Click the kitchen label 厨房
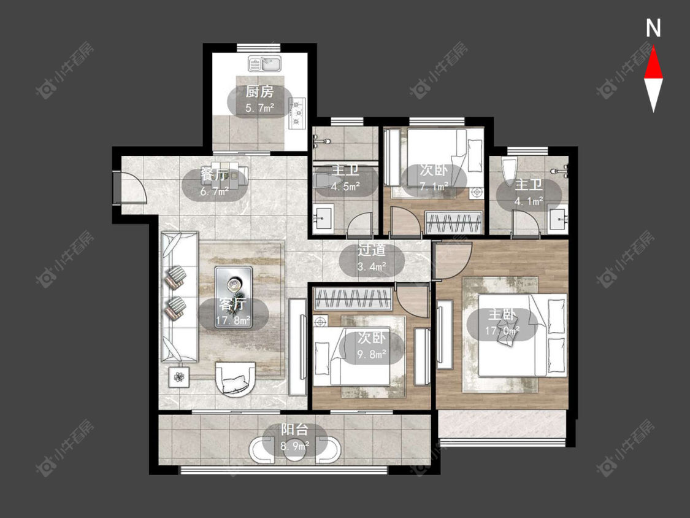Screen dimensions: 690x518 [259, 92]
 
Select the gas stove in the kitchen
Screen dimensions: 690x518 [297, 113]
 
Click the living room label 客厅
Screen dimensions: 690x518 [233, 304]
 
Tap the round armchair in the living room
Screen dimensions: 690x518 [235, 379]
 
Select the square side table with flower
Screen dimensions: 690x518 [179, 377]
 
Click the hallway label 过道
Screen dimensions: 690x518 [372, 250]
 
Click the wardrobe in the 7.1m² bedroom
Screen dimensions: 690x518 [453, 222]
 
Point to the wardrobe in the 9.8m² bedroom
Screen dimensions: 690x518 [353, 298]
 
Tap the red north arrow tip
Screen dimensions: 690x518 [653, 47]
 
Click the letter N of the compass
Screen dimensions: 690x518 [653, 28]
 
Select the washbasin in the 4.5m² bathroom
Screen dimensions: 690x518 [323, 217]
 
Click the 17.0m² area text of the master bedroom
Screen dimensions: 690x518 [502, 330]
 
